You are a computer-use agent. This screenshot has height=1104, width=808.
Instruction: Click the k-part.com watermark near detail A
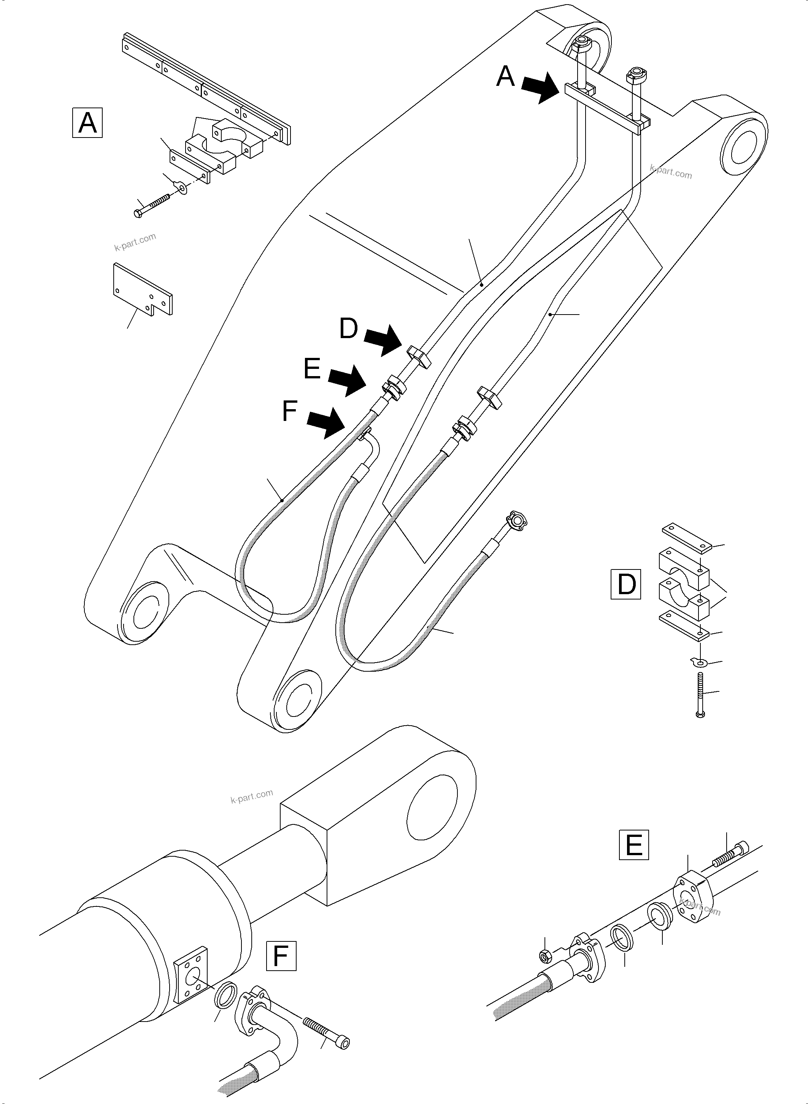pos(135,242)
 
